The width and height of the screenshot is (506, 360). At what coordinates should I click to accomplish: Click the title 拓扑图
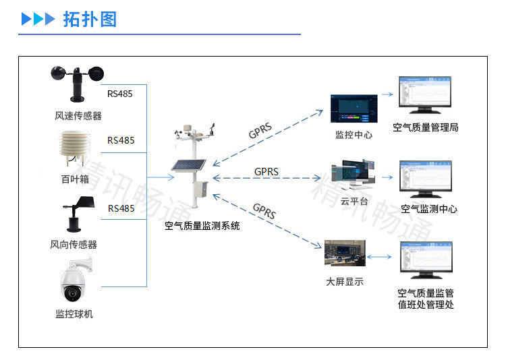click(x=90, y=19)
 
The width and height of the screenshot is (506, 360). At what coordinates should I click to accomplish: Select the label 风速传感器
click(x=78, y=116)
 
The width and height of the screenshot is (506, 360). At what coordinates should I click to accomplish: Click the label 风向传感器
click(x=74, y=244)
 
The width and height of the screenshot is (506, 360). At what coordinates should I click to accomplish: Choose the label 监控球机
click(x=74, y=313)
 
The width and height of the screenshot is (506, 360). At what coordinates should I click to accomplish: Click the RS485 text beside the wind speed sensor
click(x=120, y=94)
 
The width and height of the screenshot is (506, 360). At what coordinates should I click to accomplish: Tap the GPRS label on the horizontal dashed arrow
click(x=266, y=171)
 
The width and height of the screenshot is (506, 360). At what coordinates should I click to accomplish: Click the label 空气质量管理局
click(x=426, y=127)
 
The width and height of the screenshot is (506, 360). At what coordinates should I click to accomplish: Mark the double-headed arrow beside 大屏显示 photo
click(x=382, y=257)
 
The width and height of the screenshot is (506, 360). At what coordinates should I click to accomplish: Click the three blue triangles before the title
click(x=38, y=19)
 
